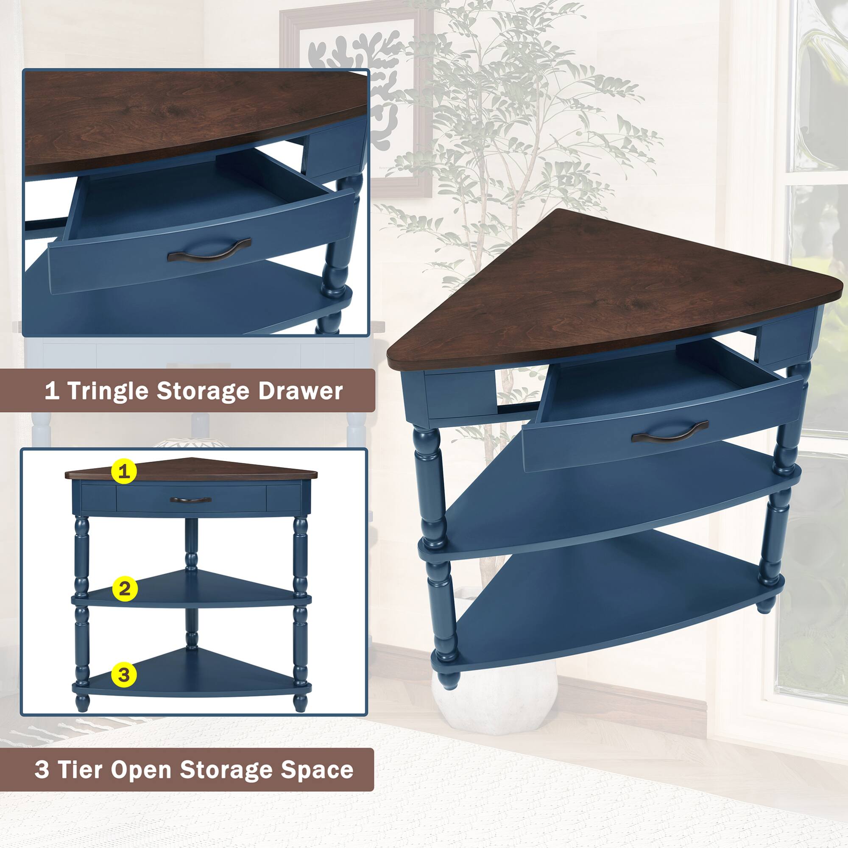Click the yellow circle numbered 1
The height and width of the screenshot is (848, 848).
[125, 471]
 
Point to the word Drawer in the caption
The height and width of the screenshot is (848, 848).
[300, 391]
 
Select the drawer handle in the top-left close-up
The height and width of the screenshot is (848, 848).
[209, 250]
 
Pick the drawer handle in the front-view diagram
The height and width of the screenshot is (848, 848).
[190, 500]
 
